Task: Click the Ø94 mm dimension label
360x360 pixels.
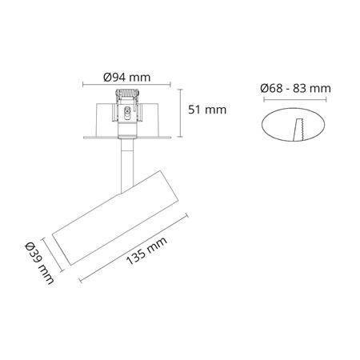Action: pos(127,78)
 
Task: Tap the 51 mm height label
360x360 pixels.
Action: pos(207,110)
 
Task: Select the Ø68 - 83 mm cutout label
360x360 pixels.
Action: pos(295,88)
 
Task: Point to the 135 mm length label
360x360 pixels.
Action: pos(146,250)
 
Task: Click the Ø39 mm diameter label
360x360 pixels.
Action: pos(39,262)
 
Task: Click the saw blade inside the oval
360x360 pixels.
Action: pos(300,130)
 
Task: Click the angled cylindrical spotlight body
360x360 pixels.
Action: pos(116,218)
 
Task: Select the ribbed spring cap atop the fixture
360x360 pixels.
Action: pos(127,94)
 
